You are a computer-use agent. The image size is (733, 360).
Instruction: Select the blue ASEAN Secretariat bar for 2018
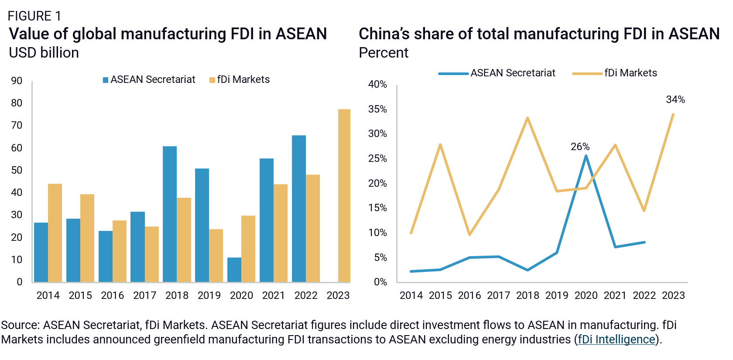coord(170,214)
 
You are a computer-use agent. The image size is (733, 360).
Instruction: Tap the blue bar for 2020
coord(234,270)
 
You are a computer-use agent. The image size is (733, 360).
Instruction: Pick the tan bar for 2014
coord(55,233)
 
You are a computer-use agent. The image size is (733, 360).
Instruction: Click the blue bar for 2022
coord(299,209)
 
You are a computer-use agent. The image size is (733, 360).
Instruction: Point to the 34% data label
coord(675,99)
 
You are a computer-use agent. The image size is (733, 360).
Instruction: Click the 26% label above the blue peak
coord(580,147)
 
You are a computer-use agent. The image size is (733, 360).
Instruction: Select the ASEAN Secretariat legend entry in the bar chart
coord(149,79)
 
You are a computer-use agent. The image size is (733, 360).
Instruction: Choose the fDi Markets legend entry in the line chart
coord(615,73)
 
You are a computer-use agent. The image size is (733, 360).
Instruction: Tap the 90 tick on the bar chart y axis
coord(17,81)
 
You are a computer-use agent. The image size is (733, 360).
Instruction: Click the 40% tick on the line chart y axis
coord(377,84)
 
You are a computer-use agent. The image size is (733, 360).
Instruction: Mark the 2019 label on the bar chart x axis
coord(209,295)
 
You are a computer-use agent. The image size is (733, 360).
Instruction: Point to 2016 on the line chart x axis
coord(469,295)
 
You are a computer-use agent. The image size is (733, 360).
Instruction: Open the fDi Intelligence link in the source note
coord(617,339)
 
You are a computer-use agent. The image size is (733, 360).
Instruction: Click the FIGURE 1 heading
coord(34,16)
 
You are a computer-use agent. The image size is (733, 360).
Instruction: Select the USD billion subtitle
coord(44,53)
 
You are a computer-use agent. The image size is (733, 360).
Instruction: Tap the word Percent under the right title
coord(383,53)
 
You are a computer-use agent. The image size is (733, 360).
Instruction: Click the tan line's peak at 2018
coord(527,118)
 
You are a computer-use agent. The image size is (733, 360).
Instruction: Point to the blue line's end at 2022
coord(644,242)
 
